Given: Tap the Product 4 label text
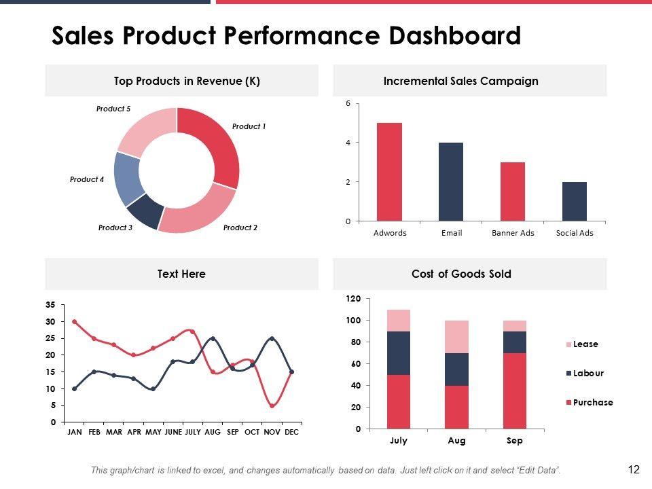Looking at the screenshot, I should [x=87, y=179].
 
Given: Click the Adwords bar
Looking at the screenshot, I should [x=390, y=172].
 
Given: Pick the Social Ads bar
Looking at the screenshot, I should [x=575, y=202].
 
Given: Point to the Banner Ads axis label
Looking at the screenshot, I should [x=513, y=233].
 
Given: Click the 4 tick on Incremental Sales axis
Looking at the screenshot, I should [x=348, y=143].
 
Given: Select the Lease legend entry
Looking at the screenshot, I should [x=585, y=344].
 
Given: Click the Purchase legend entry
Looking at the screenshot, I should [x=592, y=403].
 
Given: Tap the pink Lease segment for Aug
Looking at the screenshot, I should [x=457, y=337].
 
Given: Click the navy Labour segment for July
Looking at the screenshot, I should [x=399, y=352].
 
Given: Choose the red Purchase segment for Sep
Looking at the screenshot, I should [x=515, y=391].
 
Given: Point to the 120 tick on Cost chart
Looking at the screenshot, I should [x=353, y=299].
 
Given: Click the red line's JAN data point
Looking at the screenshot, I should [x=75, y=321].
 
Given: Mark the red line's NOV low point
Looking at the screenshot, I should [x=272, y=405].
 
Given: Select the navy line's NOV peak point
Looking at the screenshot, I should [x=272, y=338].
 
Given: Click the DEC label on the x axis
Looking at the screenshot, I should [x=291, y=432].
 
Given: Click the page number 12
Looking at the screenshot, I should [x=634, y=469].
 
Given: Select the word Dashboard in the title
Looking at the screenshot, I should [x=454, y=35].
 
